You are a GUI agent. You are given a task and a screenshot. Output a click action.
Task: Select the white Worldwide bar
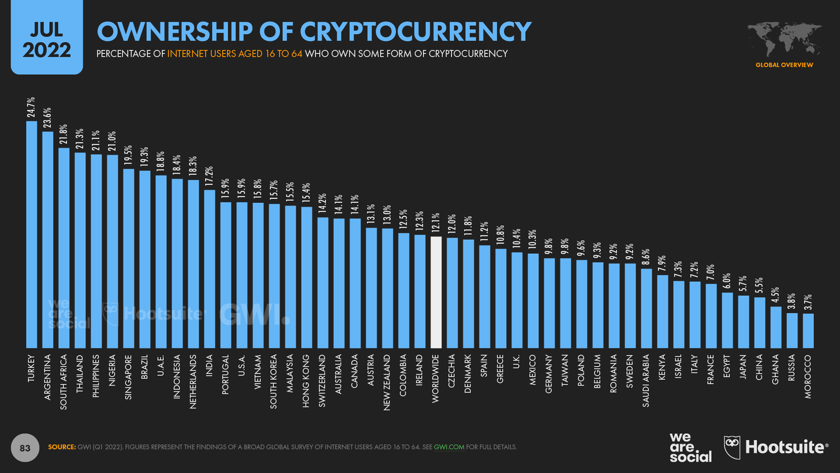point(436,292)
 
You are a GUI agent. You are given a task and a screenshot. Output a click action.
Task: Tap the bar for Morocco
point(808,331)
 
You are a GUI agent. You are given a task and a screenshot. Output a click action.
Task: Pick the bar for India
point(209,269)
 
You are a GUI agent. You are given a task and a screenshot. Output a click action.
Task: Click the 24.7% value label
point(31,108)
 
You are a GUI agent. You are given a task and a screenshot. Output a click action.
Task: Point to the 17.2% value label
point(209,177)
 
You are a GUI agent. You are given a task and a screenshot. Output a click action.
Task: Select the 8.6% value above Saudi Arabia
point(646,257)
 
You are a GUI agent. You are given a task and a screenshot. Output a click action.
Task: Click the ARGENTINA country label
point(48,377)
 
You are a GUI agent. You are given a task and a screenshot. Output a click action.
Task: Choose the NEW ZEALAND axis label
point(388,382)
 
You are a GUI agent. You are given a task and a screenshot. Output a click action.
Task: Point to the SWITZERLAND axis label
point(323,381)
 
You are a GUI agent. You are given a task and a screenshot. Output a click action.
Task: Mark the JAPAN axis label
point(743,367)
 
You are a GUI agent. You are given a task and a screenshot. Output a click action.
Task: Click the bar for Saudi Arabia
point(646,308)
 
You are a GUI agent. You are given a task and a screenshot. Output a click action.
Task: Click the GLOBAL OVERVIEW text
point(784,65)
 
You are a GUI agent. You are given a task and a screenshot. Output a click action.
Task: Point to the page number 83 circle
point(25,447)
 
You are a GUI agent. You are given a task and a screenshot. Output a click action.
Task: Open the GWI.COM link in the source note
point(449,447)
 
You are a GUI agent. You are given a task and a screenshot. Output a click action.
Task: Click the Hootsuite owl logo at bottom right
point(732,448)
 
